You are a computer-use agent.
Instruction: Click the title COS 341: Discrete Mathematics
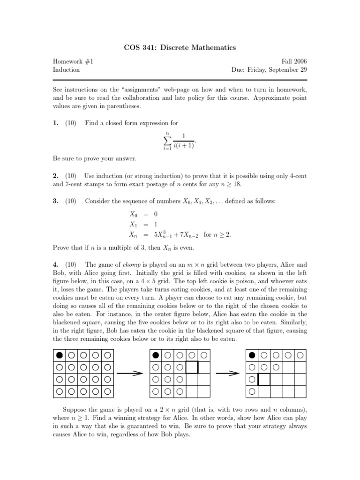(x=180, y=47)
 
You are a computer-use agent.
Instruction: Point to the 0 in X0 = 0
(x=155, y=214)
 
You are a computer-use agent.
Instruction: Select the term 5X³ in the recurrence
(x=162, y=234)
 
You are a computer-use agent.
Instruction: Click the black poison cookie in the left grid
(x=60, y=355)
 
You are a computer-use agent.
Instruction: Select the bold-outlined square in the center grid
(x=192, y=367)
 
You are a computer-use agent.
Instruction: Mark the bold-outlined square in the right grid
(x=264, y=379)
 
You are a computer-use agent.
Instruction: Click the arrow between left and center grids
(x=129, y=373)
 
